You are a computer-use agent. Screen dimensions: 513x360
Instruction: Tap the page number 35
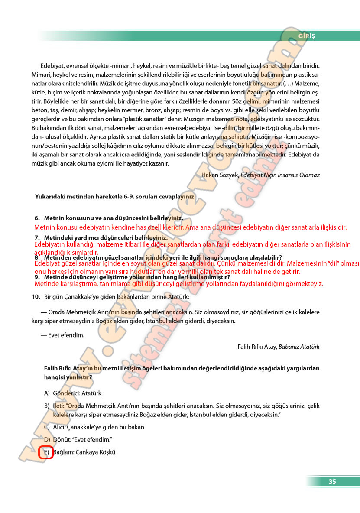pos(332,481)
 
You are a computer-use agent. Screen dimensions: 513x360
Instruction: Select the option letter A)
pos(47,393)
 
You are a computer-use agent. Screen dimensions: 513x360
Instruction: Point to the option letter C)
pos(47,427)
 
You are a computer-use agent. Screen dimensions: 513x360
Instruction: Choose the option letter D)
pos(47,440)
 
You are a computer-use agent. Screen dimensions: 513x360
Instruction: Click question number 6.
pos(37,218)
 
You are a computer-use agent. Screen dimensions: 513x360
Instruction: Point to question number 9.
pos(37,276)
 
